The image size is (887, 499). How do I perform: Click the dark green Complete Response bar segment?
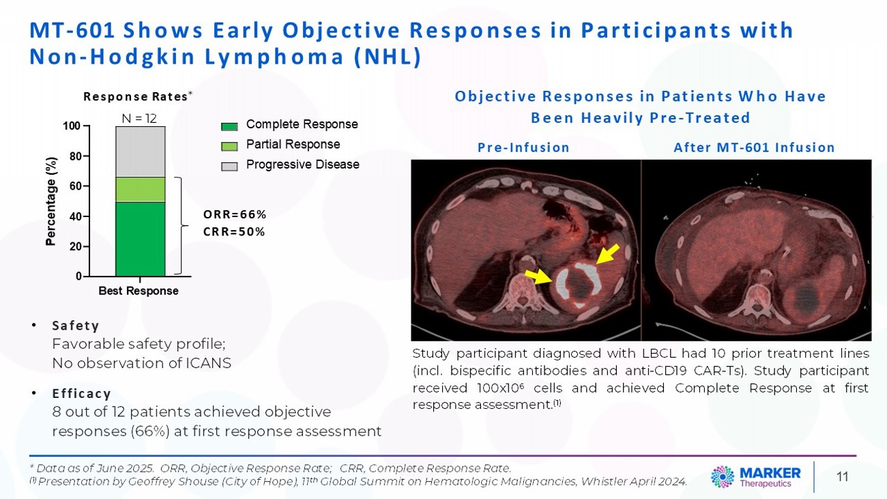(x=141, y=239)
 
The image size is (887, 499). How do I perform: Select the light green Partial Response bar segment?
(x=141, y=190)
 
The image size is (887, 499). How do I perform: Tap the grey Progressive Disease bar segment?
(x=141, y=152)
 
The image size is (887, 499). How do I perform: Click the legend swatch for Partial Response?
(x=229, y=147)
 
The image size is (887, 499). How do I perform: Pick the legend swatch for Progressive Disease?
(x=229, y=167)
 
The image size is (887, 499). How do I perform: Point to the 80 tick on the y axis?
(x=86, y=156)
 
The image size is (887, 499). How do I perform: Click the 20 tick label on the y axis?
(x=75, y=246)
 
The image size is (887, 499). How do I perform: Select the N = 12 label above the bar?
(x=139, y=118)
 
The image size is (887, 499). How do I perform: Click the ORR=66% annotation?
(x=235, y=214)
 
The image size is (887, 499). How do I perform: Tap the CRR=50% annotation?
(x=234, y=232)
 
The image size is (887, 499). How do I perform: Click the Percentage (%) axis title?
(x=51, y=201)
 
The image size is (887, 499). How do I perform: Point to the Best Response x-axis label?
(x=139, y=291)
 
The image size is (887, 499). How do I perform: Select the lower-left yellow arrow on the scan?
(x=538, y=276)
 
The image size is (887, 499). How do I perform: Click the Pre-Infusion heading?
(x=523, y=147)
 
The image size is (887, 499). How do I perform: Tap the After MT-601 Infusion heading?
(x=755, y=147)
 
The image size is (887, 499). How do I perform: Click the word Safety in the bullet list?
(x=76, y=326)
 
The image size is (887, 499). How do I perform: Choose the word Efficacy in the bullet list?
(x=82, y=394)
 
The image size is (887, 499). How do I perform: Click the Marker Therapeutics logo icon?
(x=723, y=476)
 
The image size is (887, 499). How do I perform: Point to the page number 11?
(x=843, y=476)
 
